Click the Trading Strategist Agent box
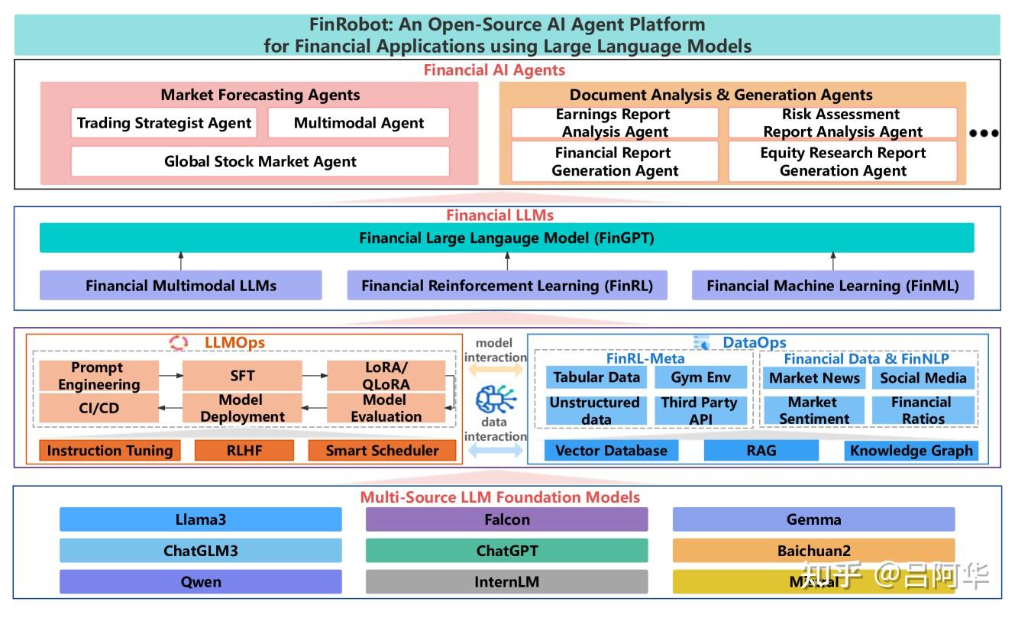point(164,123)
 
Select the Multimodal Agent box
point(358,123)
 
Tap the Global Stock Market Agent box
point(260,161)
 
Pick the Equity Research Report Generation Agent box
point(842,161)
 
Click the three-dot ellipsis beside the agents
point(984,133)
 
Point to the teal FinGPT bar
point(506,238)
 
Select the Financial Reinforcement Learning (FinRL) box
point(506,286)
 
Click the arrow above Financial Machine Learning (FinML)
point(833,261)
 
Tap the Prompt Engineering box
point(99,376)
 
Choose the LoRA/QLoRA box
point(386,376)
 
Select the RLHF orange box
point(244,451)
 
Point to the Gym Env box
point(700,377)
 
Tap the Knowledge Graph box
point(911,451)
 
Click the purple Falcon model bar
point(506,519)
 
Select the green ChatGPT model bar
point(506,550)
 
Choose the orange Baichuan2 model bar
point(813,550)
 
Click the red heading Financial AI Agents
point(494,70)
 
